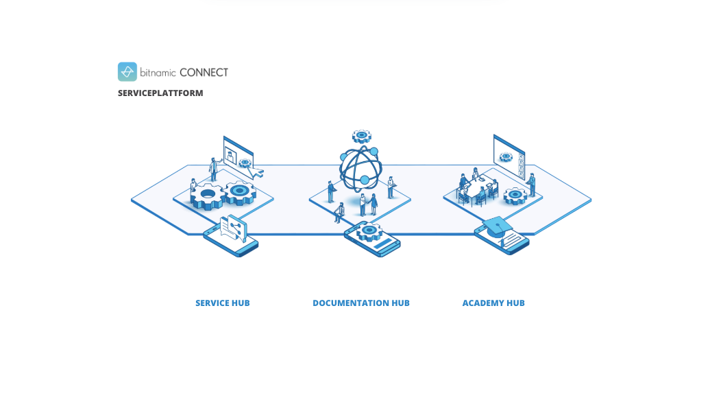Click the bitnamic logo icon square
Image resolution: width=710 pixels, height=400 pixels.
tap(127, 72)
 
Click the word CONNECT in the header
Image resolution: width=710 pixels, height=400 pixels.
tap(204, 72)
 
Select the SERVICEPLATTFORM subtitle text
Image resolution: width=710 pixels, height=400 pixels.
tap(160, 93)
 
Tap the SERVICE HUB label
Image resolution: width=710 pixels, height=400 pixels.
tap(222, 303)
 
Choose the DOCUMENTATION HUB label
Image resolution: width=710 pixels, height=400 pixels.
tap(360, 303)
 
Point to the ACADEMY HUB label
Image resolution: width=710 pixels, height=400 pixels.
tap(493, 303)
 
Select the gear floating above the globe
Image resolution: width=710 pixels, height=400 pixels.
tap(361, 136)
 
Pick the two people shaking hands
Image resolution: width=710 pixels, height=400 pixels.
tap(368, 204)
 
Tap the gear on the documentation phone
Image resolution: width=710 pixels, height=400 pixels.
tap(369, 231)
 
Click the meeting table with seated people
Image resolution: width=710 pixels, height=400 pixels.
tap(478, 188)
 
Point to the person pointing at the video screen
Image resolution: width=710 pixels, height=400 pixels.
tap(213, 168)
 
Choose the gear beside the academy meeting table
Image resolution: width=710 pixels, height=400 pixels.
tap(515, 196)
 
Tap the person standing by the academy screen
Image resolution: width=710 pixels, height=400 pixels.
tap(531, 185)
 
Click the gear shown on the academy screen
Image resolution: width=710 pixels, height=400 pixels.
tap(506, 156)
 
